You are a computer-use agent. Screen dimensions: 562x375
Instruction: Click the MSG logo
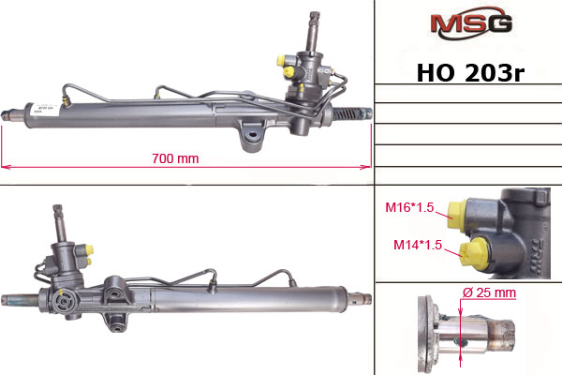[471, 22]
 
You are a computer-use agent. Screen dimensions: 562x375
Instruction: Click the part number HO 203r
[470, 73]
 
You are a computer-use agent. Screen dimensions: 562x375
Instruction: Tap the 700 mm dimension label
[175, 158]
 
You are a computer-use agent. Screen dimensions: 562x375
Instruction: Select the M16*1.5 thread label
[409, 207]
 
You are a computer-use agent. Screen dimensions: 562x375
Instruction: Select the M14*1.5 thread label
[418, 245]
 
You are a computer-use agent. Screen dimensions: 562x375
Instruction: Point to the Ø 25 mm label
[489, 292]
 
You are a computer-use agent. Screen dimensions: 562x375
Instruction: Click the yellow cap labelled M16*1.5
[458, 215]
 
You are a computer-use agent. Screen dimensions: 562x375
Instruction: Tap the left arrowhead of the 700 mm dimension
[5, 167]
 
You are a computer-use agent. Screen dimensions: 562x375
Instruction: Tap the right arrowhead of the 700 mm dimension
[367, 167]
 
